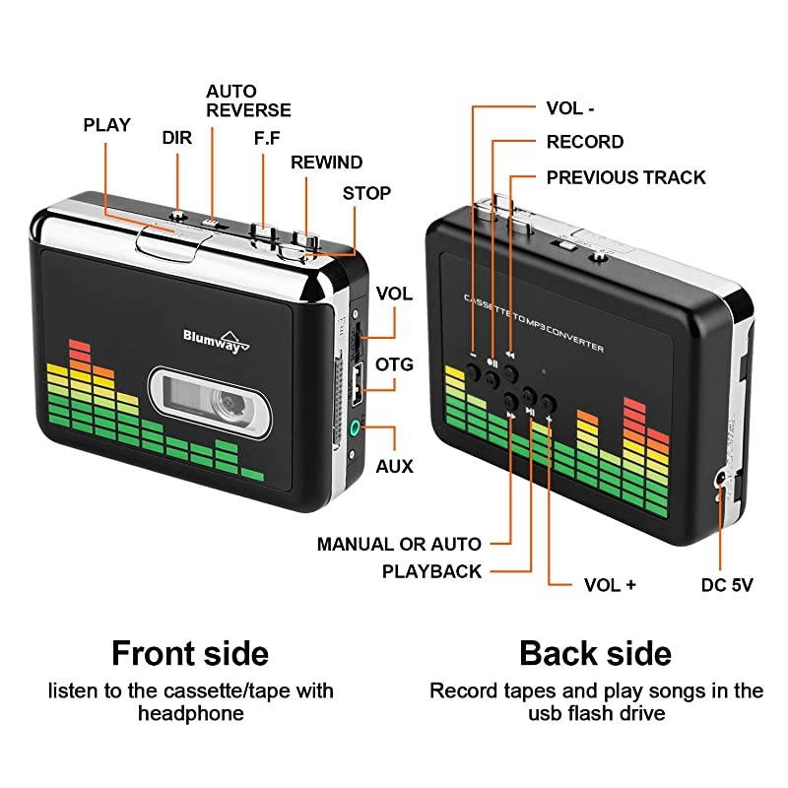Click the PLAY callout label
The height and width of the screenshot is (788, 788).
(106, 125)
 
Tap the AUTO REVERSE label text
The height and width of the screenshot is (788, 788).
(248, 100)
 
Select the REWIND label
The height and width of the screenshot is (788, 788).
(326, 163)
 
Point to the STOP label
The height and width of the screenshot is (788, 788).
(366, 193)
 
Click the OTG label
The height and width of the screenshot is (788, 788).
(394, 364)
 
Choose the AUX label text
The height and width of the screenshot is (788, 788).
(394, 466)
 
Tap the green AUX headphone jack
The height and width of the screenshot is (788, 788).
(355, 428)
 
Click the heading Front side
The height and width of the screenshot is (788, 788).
(189, 653)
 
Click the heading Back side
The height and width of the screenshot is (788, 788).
(595, 653)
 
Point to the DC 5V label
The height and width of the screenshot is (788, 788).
(727, 584)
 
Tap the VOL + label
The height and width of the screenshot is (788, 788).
(610, 584)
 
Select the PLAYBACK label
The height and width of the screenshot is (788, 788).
(432, 571)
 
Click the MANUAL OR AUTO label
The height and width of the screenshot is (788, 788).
(399, 544)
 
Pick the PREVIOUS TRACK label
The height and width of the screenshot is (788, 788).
(625, 177)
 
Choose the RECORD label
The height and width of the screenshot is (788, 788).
(584, 142)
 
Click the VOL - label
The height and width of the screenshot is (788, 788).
(570, 108)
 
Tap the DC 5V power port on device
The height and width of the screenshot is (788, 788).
(723, 480)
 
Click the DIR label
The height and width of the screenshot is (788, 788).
(176, 139)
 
